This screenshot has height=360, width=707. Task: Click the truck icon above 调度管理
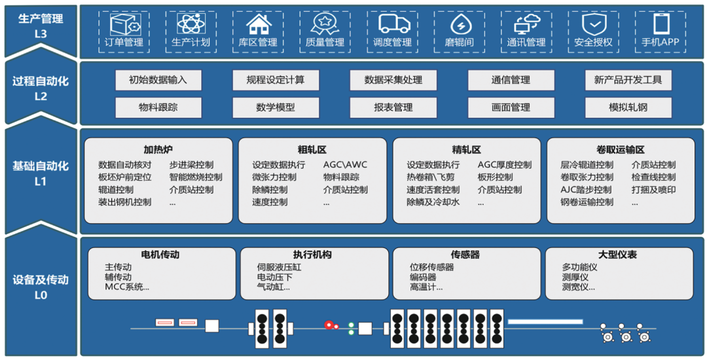point(395,24)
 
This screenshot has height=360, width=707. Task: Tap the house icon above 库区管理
point(258,24)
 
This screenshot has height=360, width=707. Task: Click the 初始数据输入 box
point(158,81)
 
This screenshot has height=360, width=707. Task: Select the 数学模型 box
point(276,108)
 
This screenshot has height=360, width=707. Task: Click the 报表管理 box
point(393,108)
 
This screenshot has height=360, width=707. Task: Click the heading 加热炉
point(158,150)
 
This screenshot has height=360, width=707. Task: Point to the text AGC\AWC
point(346,165)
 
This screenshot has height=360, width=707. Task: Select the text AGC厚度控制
point(505,165)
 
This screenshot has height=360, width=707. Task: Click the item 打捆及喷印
point(654,190)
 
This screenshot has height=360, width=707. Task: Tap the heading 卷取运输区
point(621,150)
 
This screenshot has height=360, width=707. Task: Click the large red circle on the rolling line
point(329,325)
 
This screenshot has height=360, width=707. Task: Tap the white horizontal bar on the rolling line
point(545,322)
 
